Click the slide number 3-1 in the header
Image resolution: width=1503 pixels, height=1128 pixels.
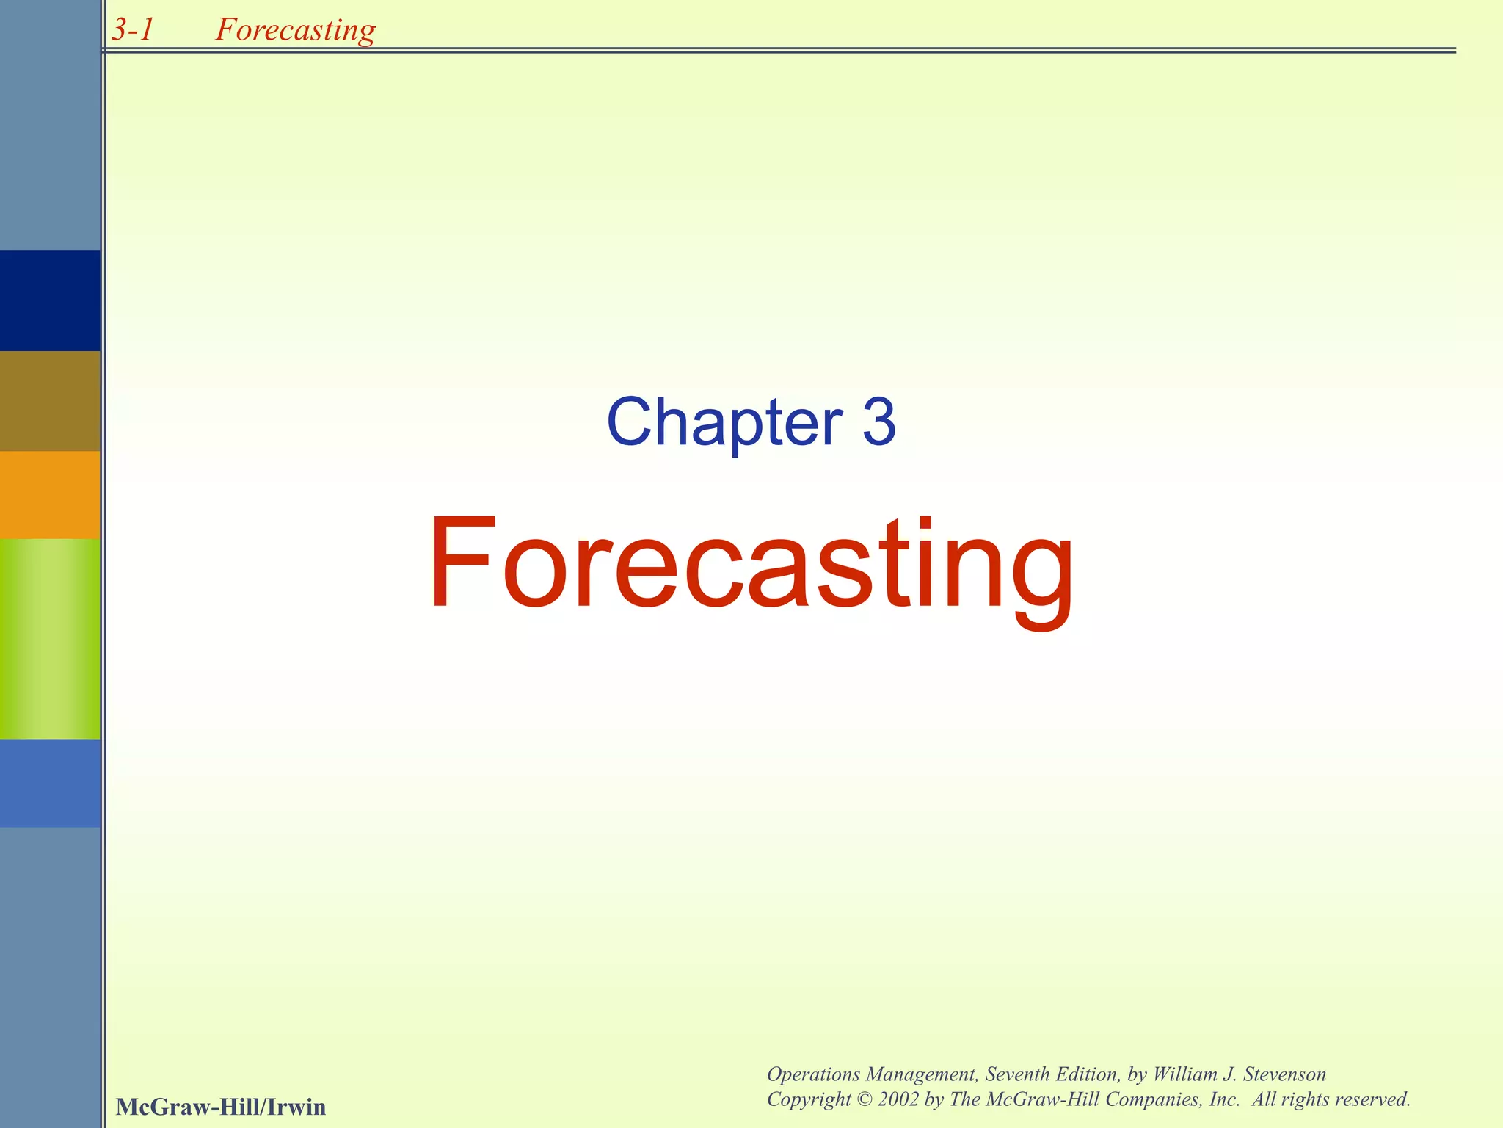(133, 30)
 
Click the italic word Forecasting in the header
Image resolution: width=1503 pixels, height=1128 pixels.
(295, 30)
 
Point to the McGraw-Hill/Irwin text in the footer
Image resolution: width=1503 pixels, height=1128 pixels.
(220, 1107)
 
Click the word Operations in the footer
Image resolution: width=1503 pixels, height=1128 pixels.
(813, 1074)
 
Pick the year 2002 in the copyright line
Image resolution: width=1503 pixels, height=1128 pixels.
(898, 1099)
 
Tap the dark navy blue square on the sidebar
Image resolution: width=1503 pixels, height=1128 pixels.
(50, 300)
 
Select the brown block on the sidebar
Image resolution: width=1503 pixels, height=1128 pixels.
(50, 401)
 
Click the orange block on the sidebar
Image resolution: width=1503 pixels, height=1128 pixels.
(50, 495)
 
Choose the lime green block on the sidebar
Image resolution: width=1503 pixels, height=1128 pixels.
(50, 639)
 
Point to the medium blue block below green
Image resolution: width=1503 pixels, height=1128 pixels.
(50, 783)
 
